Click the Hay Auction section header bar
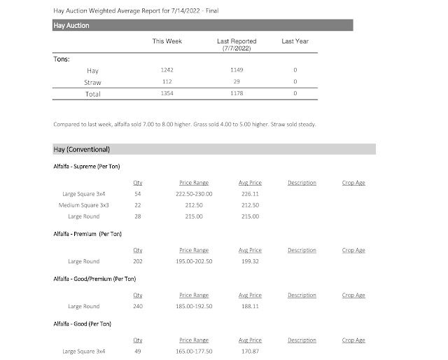tap(202, 25)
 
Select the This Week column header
tap(167, 41)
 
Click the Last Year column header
tap(295, 41)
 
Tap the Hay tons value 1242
tap(167, 71)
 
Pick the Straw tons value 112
tap(167, 83)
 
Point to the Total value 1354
tap(167, 94)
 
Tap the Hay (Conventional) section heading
tap(80, 150)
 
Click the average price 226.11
tap(250, 193)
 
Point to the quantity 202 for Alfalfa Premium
tap(138, 262)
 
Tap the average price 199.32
tap(250, 262)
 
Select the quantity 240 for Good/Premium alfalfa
tap(138, 307)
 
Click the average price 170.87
tap(250, 352)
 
